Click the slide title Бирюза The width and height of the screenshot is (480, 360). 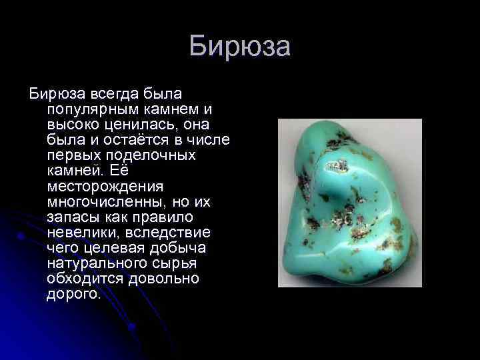coord(239,47)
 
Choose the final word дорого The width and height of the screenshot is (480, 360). coord(73,293)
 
